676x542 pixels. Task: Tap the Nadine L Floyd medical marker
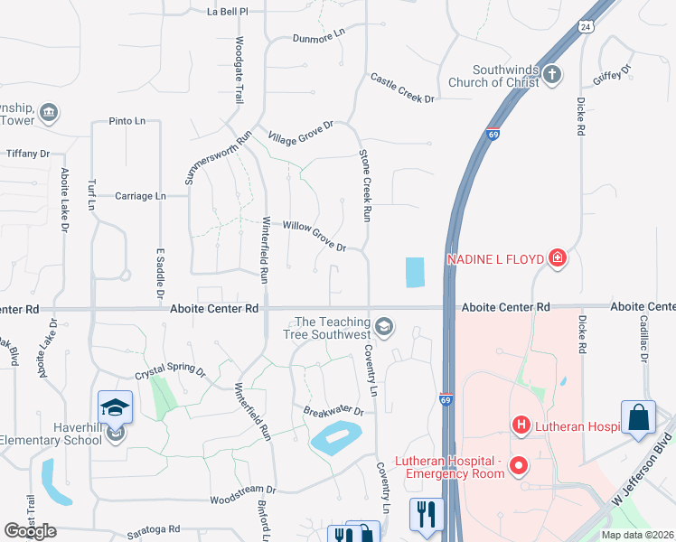(558, 259)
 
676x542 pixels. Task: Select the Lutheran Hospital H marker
(521, 424)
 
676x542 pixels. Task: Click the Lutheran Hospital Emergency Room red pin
(519, 466)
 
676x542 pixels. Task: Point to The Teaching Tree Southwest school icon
(384, 326)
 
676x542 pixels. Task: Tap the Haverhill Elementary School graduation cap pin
(115, 409)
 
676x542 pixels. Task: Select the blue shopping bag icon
(639, 417)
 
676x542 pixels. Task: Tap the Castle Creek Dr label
(403, 88)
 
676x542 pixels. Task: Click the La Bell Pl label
(227, 12)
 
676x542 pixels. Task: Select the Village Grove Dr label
(301, 132)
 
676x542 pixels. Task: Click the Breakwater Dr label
(333, 411)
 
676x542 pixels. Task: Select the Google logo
(30, 531)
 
